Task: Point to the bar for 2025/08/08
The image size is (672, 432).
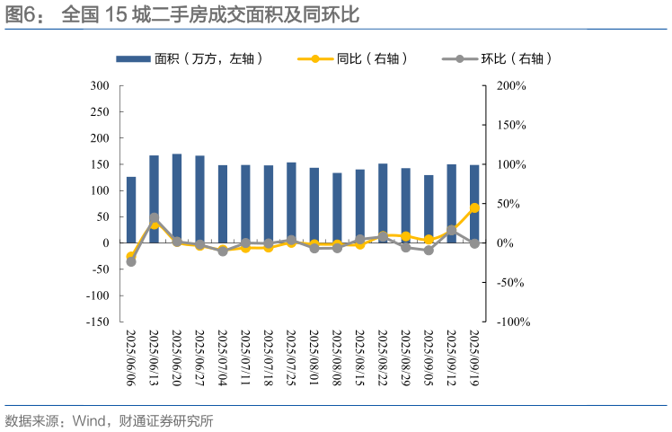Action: click(x=337, y=207)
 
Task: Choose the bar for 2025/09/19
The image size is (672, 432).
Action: click(x=474, y=204)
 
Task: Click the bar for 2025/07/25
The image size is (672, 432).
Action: click(x=291, y=202)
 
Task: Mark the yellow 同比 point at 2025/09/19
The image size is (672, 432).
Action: click(x=474, y=207)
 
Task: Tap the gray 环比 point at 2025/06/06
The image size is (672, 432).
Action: click(x=131, y=261)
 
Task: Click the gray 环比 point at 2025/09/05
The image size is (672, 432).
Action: click(x=429, y=251)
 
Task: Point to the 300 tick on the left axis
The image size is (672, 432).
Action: click(x=100, y=86)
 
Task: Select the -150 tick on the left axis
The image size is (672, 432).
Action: click(x=97, y=322)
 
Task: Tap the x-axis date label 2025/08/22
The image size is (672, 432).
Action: click(x=383, y=357)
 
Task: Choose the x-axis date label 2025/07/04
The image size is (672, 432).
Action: click(x=223, y=357)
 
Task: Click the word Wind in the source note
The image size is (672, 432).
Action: click(x=88, y=419)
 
